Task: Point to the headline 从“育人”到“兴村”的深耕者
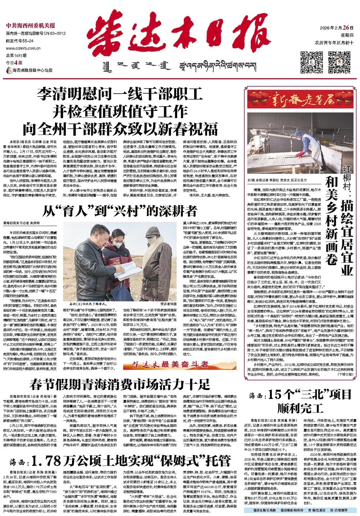pyautogui.click(x=120, y=211)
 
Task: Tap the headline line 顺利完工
pyautogui.click(x=300, y=409)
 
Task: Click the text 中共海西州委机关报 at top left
pyautogui.click(x=31, y=26)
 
